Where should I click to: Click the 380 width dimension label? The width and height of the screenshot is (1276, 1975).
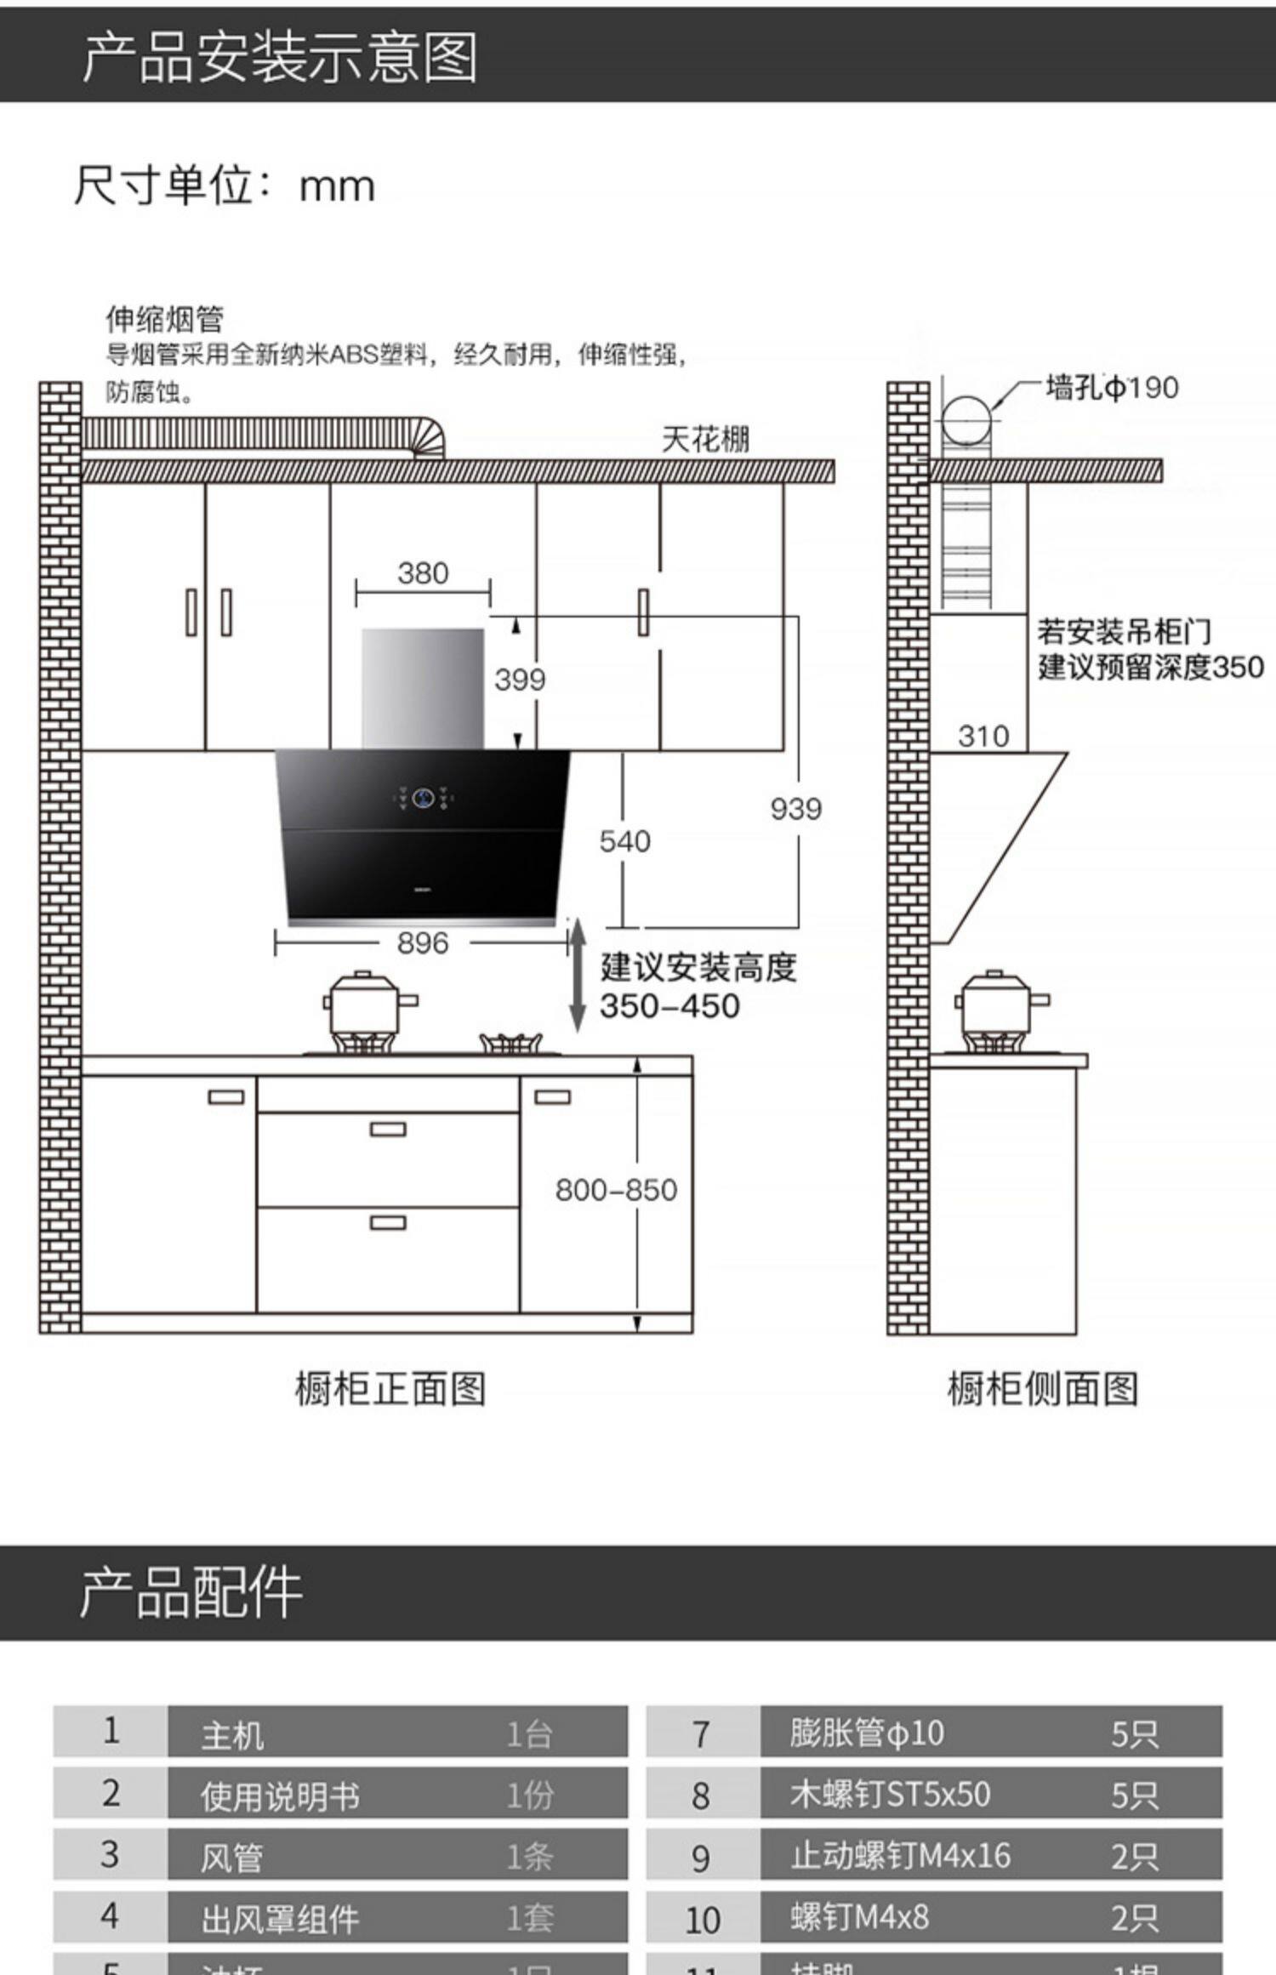tap(423, 573)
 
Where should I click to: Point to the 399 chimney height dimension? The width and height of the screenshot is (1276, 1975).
tap(520, 680)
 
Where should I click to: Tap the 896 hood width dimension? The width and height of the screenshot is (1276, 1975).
tap(423, 943)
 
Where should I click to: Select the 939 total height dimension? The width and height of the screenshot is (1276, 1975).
tap(795, 809)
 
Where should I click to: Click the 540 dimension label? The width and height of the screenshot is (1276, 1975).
tap(624, 841)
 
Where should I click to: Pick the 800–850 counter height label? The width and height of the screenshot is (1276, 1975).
tap(616, 1190)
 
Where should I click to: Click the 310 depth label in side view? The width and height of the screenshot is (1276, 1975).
tap(983, 736)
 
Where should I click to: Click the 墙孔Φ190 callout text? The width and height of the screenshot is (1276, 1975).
tap(1112, 388)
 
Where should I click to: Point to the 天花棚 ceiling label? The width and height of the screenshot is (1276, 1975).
tap(705, 440)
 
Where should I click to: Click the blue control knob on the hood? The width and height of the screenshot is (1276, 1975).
tap(424, 798)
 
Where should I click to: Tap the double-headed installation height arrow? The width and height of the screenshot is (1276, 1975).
tap(578, 976)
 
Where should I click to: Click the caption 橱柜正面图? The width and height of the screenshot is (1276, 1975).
tap(390, 1390)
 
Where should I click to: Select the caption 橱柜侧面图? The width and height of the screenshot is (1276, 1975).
tap(1043, 1390)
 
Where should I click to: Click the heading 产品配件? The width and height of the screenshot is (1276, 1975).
tap(191, 1592)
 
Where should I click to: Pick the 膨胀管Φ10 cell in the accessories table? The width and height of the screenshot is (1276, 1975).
tap(866, 1733)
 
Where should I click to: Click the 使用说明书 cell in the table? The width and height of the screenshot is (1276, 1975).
tap(280, 1796)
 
